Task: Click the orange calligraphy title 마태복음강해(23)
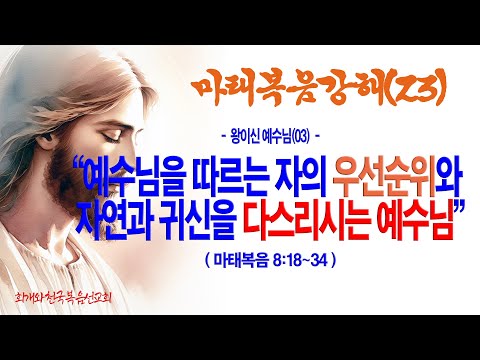319,88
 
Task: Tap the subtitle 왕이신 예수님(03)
270,136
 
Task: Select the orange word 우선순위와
397,180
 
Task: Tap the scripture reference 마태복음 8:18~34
271,259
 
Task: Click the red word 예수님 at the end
415,222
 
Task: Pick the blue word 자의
300,180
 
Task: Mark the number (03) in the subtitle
301,137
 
